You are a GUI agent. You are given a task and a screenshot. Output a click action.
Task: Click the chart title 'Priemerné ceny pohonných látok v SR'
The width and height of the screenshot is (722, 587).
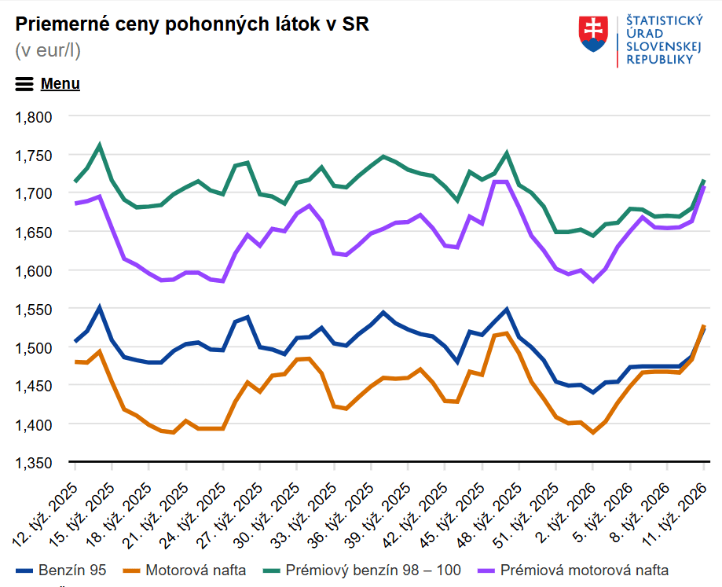click(192, 24)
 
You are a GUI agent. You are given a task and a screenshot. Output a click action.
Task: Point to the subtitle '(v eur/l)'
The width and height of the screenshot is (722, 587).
click(48, 50)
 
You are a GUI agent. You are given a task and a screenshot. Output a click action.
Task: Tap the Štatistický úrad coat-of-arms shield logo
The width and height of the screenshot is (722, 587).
click(595, 34)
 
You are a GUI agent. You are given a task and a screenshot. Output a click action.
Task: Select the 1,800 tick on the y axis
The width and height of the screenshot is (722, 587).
click(34, 116)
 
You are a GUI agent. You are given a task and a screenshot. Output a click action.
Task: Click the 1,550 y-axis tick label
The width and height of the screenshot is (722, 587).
click(34, 309)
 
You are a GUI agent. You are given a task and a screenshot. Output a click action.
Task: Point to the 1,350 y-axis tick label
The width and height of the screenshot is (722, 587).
click(34, 463)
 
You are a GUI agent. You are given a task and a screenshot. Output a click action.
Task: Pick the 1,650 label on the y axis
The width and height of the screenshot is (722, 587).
click(34, 232)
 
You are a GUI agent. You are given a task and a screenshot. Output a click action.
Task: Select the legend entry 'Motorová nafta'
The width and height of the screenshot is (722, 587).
click(185, 570)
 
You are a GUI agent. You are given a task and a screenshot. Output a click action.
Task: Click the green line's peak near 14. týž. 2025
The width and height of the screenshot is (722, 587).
click(100, 145)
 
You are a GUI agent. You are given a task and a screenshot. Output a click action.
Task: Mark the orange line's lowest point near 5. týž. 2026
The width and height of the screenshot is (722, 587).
click(593, 432)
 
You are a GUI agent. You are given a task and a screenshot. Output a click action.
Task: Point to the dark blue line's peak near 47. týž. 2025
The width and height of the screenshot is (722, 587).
click(507, 309)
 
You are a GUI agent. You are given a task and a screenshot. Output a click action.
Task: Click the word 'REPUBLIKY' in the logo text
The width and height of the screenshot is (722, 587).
click(661, 61)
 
